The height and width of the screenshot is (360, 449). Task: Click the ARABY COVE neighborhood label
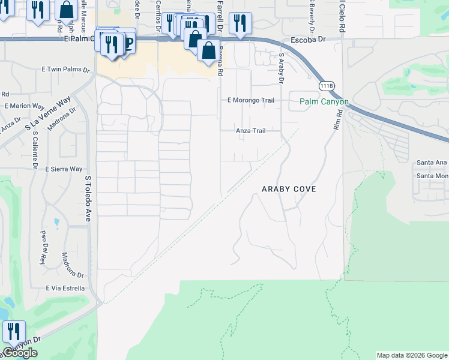pyautogui.click(x=289, y=189)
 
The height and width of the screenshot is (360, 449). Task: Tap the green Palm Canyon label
pyautogui.click(x=324, y=102)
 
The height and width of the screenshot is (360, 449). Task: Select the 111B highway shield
pyautogui.click(x=326, y=85)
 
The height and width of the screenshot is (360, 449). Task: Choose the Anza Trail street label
pyautogui.click(x=250, y=130)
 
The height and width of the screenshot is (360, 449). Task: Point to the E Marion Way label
pyautogui.click(x=24, y=106)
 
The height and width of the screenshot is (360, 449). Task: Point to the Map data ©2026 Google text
pyautogui.click(x=411, y=355)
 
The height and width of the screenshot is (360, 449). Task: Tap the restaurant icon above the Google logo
pyautogui.click(x=14, y=331)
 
